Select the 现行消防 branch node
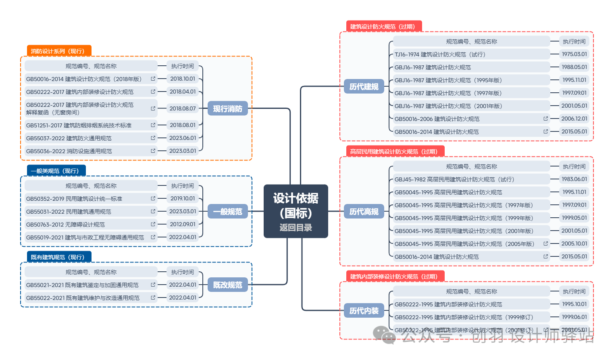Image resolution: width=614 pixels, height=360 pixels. (x=227, y=109)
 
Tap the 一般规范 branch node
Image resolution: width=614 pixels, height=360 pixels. (x=227, y=212)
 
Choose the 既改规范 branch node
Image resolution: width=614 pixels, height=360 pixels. (x=227, y=285)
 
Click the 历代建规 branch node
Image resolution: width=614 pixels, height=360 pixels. (x=364, y=87)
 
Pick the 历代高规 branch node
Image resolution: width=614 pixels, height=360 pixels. (x=364, y=212)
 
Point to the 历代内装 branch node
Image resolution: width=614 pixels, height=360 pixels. (x=364, y=311)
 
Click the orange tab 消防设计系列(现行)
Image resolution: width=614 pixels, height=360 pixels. (x=59, y=51)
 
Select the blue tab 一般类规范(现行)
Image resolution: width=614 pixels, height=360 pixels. (x=56, y=171)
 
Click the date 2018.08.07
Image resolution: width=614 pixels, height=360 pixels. (x=183, y=108)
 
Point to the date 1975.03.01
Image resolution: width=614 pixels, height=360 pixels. (x=574, y=54)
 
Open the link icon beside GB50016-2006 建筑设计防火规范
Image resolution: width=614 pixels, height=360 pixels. (x=545, y=119)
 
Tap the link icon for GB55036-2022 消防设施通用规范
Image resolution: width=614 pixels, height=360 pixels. (x=153, y=151)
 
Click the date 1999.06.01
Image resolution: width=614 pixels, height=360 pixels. (x=574, y=317)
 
